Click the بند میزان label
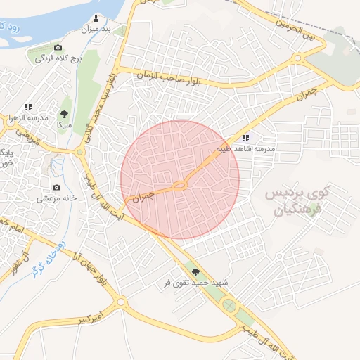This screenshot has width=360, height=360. (97, 30)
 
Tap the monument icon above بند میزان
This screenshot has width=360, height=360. (97, 18)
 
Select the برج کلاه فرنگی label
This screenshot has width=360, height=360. (60, 59)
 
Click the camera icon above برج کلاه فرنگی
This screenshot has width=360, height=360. (58, 47)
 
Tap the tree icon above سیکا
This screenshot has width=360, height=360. (65, 113)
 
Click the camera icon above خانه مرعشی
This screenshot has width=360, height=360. (56, 187)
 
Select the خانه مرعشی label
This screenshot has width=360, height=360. (56, 199)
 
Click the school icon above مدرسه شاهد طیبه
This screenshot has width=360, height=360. (245, 139)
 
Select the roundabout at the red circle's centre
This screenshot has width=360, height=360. (180, 185)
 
